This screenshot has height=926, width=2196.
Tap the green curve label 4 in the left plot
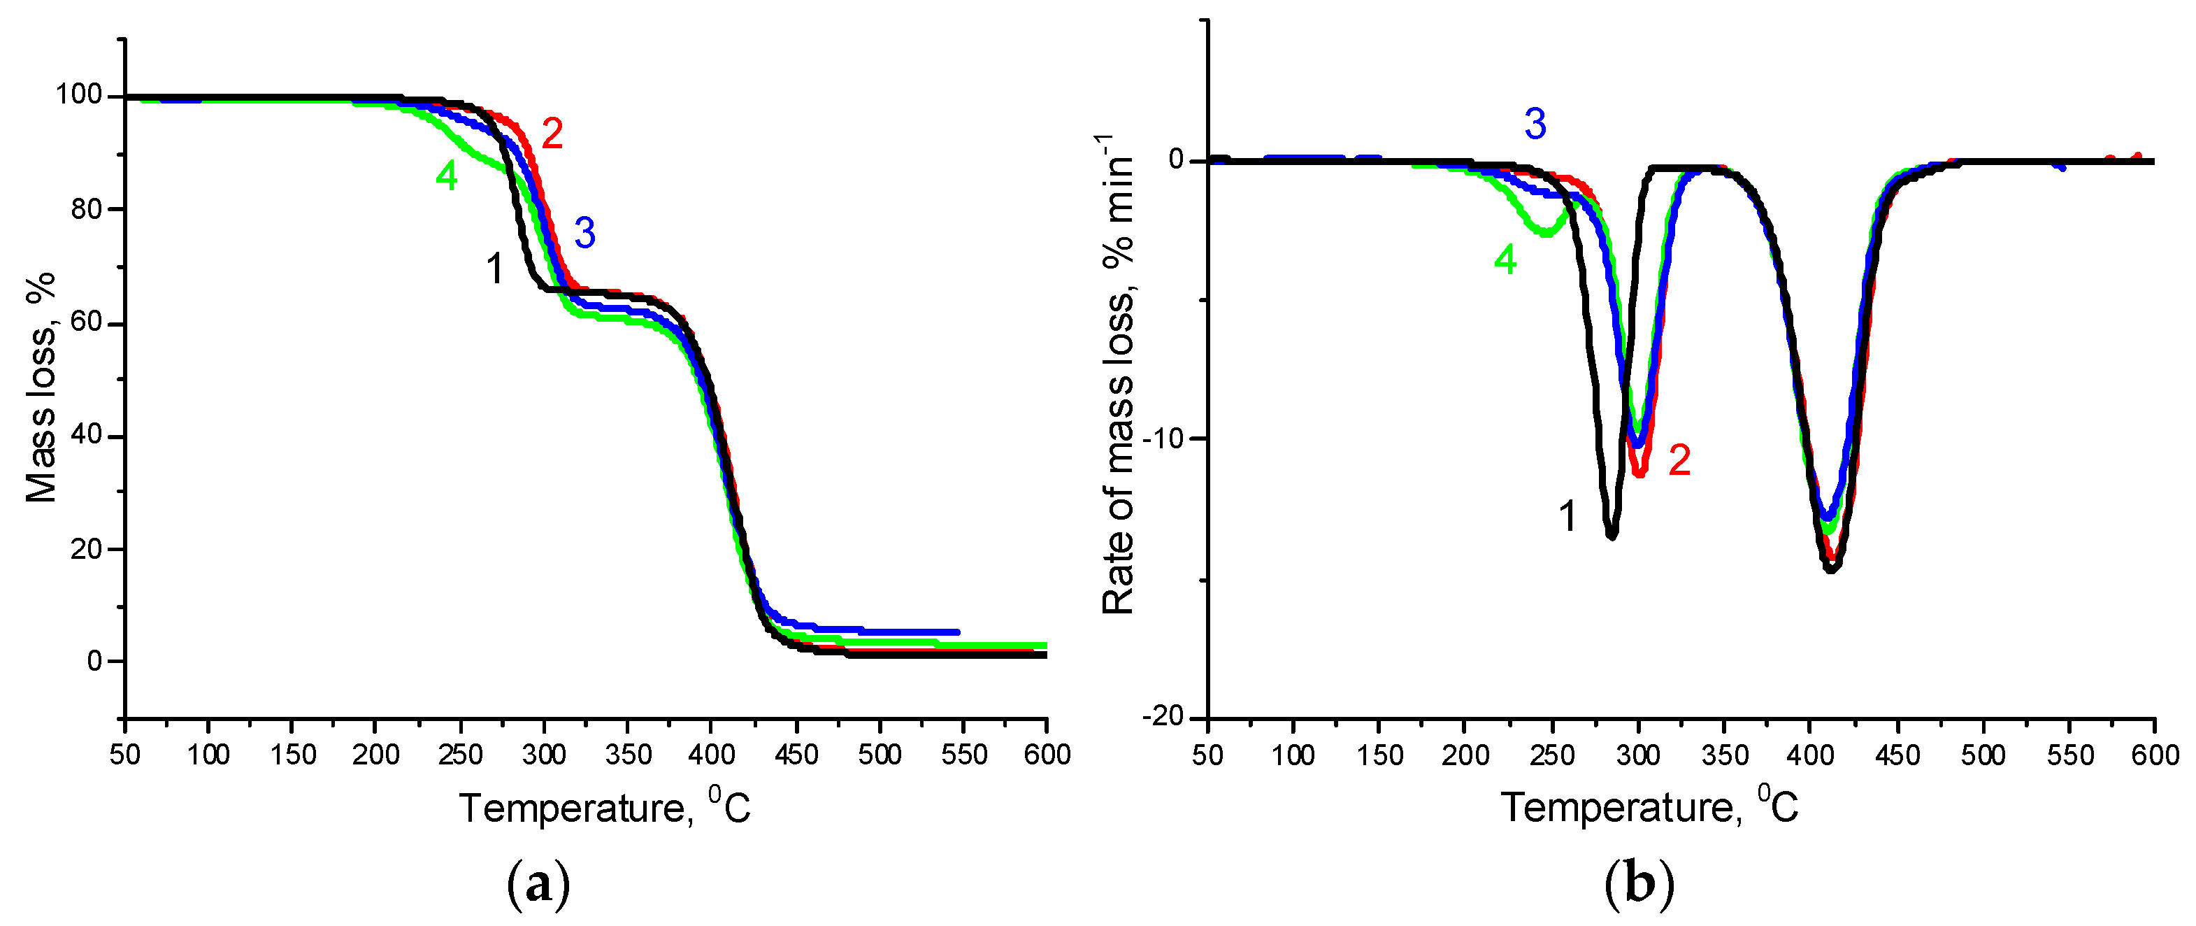pyautogui.click(x=447, y=176)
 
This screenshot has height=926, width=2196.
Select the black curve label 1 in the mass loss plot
pyautogui.click(x=494, y=269)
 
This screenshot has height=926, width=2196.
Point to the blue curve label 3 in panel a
pyautogui.click(x=584, y=233)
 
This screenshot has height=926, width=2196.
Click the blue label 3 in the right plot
pyautogui.click(x=1535, y=124)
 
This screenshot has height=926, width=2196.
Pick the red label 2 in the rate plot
pyautogui.click(x=1679, y=460)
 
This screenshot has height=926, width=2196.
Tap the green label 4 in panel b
pyautogui.click(x=1505, y=260)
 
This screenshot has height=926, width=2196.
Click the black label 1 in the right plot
pyautogui.click(x=1567, y=517)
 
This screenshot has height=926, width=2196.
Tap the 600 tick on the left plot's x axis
pyautogui.click(x=1046, y=755)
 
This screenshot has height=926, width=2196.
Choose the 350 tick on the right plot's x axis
pyautogui.click(x=1723, y=755)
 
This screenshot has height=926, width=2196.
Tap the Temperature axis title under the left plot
pyautogui.click(x=605, y=806)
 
